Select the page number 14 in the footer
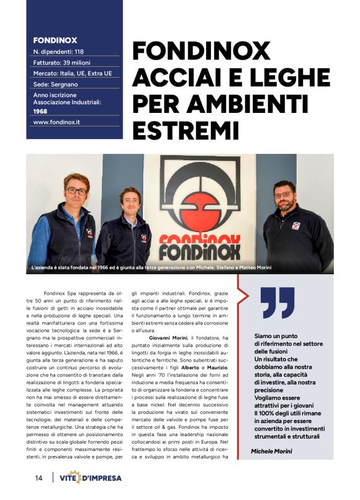click(x=38, y=478)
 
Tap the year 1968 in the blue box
click(x=40, y=111)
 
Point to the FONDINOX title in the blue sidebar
click(x=55, y=40)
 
